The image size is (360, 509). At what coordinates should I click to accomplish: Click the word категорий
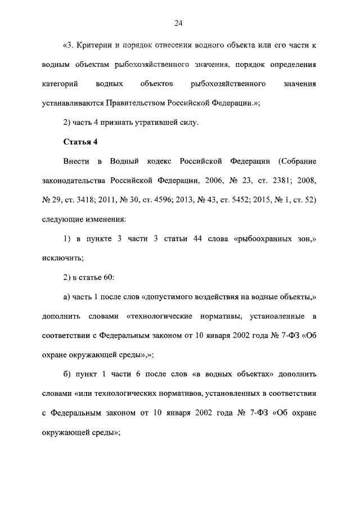coord(59,83)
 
